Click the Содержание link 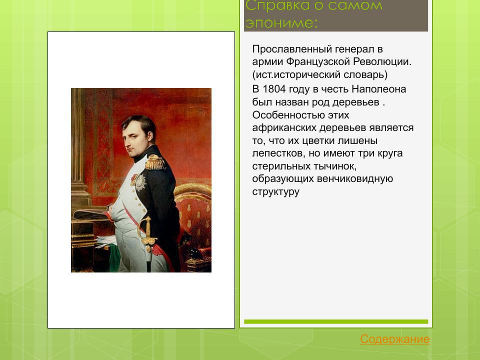[394, 339]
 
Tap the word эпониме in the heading [280, 23]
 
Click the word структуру [275, 191]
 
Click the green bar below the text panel [336, 321]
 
